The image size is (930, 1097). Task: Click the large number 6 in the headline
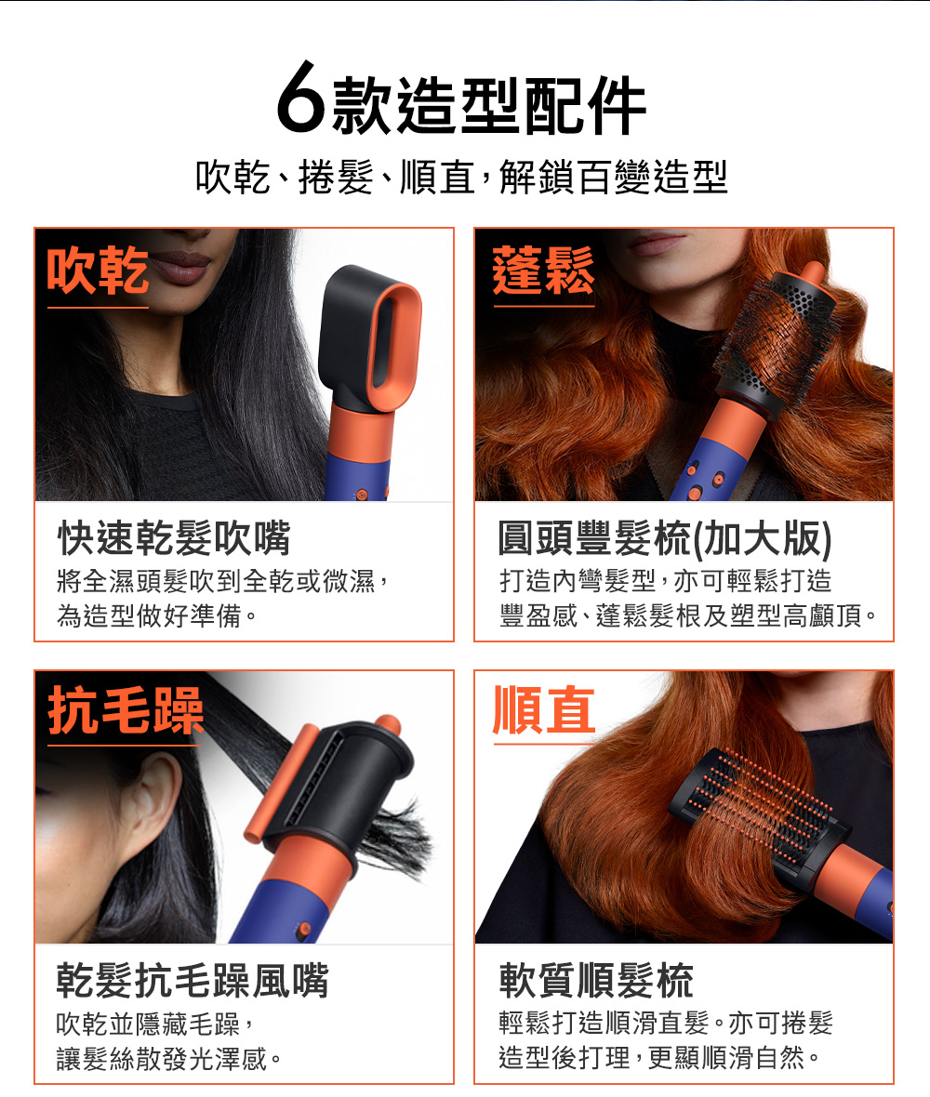[301, 98]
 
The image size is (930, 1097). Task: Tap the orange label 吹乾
[98, 271]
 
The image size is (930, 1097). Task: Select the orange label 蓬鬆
[543, 271]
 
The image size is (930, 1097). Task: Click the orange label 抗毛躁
[126, 711]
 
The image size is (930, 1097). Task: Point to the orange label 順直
[544, 710]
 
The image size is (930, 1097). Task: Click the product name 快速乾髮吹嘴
[174, 538]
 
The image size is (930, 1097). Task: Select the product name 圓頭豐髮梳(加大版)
[666, 538]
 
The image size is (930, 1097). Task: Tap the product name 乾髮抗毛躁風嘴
[193, 980]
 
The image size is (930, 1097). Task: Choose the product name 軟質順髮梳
[596, 980]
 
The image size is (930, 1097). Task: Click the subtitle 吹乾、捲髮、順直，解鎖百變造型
[462, 177]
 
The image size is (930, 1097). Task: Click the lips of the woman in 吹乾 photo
[179, 267]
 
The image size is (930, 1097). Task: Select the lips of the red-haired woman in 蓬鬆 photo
[658, 243]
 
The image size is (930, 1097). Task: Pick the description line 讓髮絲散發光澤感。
[168, 1059]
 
